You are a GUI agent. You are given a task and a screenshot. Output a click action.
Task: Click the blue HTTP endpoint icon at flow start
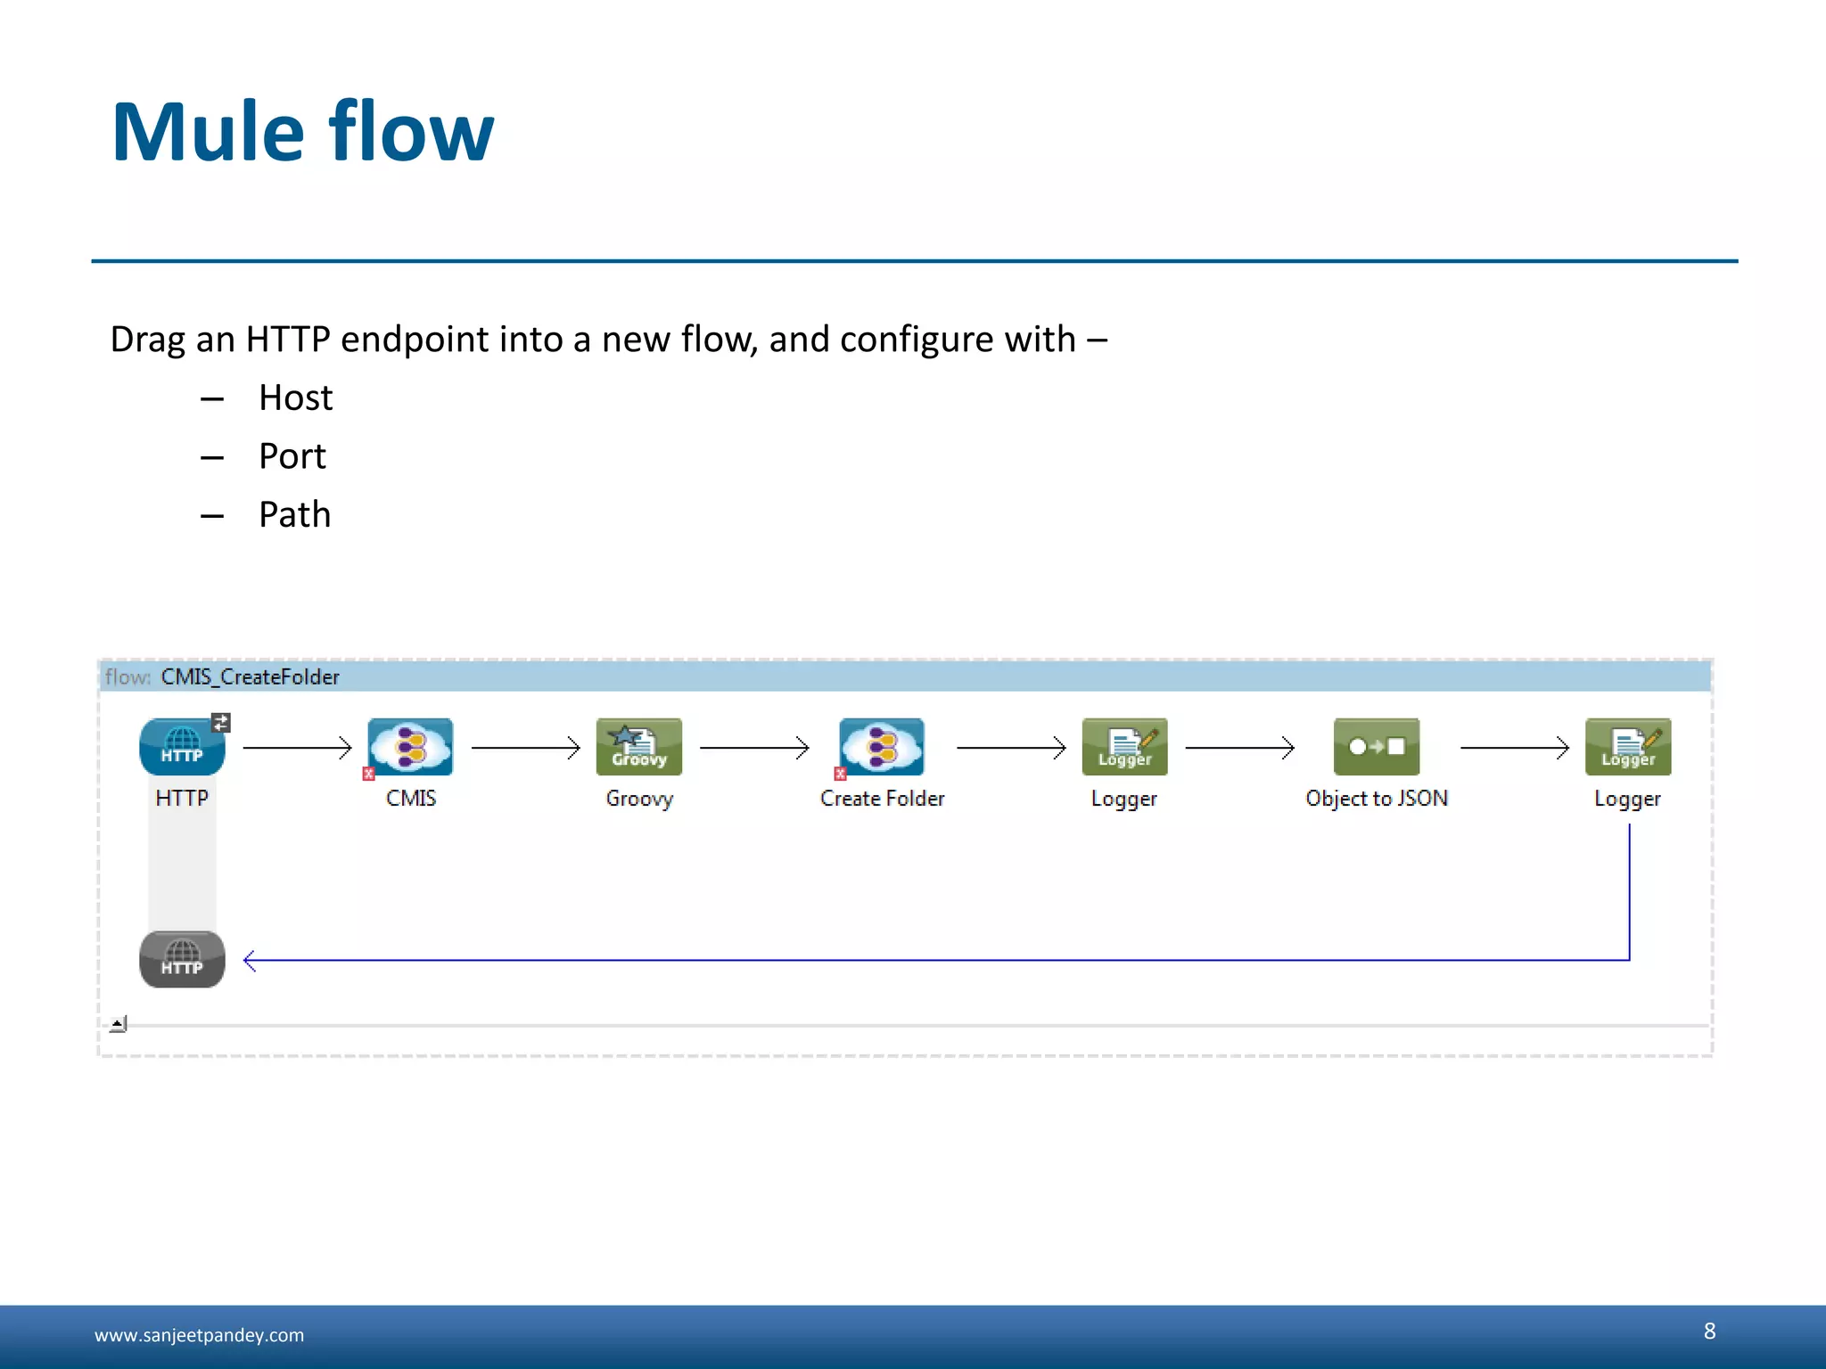182,747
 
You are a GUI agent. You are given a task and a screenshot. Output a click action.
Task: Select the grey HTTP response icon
182,959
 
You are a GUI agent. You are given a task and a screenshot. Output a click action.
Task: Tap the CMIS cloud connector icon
410,747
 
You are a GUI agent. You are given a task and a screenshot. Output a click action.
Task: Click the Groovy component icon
638,747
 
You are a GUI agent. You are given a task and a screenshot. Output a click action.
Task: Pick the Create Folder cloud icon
881,747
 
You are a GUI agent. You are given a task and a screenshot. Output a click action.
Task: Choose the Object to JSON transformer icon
1376,747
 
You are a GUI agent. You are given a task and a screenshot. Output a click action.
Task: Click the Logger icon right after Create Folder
1124,747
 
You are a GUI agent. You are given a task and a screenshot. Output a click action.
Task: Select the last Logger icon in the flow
1627,747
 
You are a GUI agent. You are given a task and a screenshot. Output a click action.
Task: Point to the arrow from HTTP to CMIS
297,747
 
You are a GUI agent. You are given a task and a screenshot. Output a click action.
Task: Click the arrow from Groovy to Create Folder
754,747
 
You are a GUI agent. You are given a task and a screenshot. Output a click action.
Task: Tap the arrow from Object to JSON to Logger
1514,747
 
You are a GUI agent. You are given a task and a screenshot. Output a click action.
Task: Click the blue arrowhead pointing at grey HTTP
250,960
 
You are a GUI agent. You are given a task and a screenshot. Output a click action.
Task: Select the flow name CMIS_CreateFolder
250,676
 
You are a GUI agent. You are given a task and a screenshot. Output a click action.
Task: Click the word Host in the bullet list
295,398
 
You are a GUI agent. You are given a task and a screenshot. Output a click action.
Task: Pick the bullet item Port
292,456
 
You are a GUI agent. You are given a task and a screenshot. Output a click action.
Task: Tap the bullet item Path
294,515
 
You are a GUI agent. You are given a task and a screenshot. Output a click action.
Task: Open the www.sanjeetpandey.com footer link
199,1335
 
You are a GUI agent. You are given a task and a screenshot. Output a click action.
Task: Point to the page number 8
1709,1331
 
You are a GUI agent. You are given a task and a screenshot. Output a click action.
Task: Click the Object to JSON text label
1376,799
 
